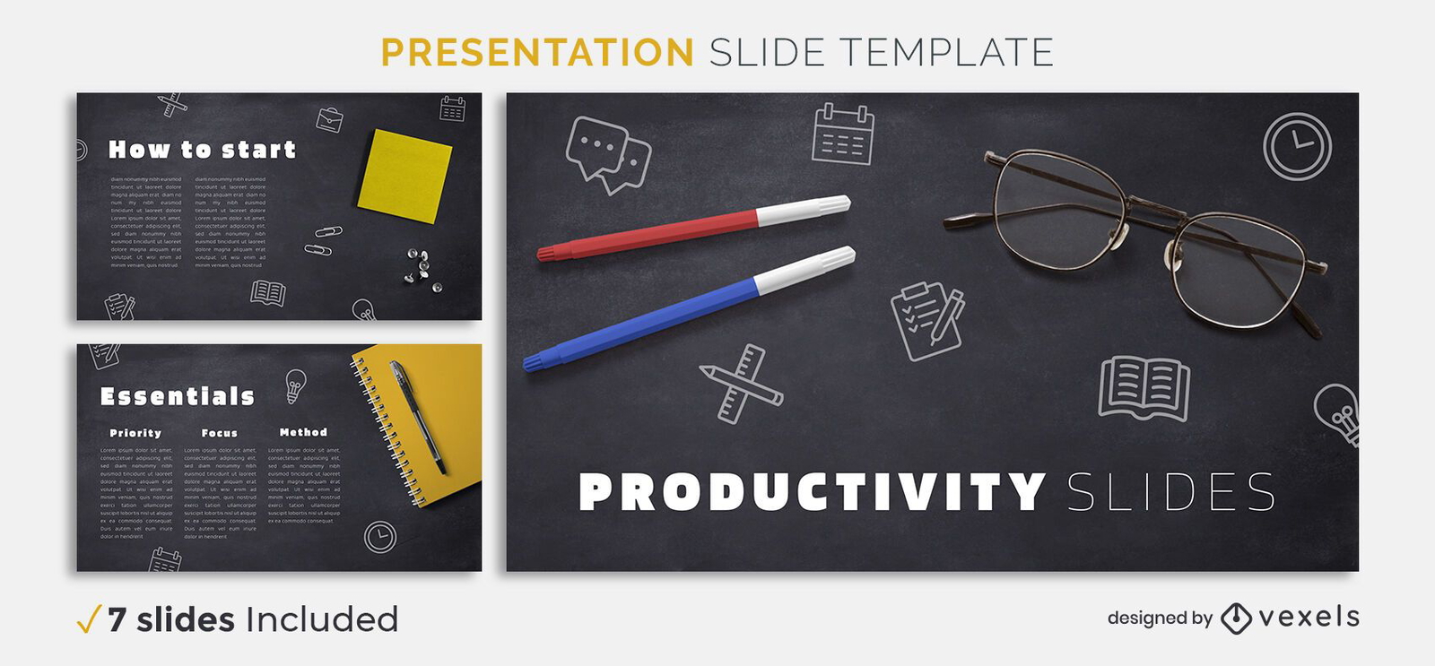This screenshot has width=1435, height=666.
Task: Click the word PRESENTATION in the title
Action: click(x=537, y=52)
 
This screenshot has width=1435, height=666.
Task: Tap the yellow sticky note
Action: click(x=404, y=176)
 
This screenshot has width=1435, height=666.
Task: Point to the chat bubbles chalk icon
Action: click(x=607, y=154)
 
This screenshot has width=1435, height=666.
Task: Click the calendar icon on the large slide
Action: click(x=842, y=135)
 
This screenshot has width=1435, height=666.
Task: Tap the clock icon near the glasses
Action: click(x=1297, y=144)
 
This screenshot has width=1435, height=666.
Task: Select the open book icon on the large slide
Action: click(x=1144, y=388)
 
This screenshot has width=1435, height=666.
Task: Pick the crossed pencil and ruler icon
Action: click(x=742, y=384)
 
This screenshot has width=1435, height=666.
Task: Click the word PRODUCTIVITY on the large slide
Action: click(x=812, y=492)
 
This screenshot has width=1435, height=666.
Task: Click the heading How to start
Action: click(x=202, y=150)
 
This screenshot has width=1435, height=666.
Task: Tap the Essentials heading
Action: click(x=178, y=396)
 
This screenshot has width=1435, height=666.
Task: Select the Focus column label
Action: click(x=219, y=433)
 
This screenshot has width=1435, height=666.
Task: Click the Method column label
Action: click(x=303, y=432)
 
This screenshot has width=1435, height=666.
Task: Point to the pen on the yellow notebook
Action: click(x=417, y=417)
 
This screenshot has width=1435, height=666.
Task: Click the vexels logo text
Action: click(x=1309, y=617)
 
